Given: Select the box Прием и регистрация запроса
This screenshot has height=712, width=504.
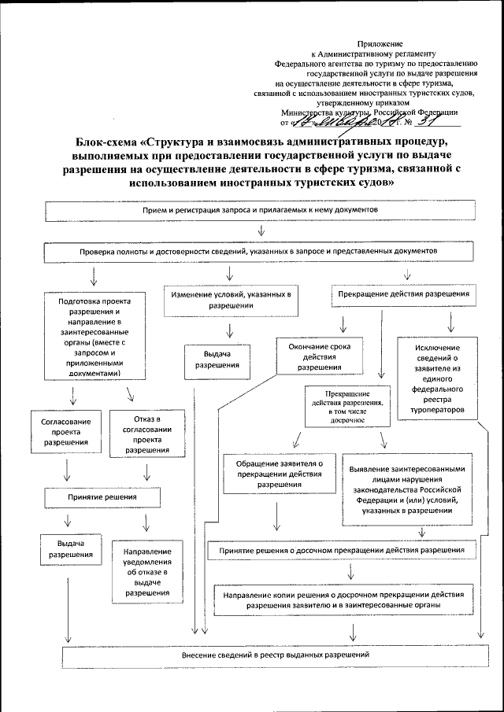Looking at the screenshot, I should pyautogui.click(x=261, y=212).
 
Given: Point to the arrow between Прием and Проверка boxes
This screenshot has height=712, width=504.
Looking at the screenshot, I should pyautogui.click(x=261, y=231).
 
